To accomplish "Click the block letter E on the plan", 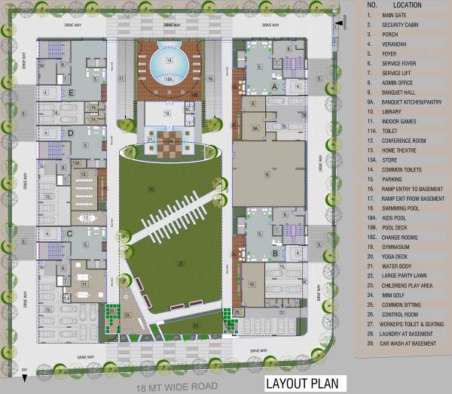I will tap(72, 93).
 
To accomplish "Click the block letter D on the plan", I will tap(70, 133).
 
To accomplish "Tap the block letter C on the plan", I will tap(70, 233).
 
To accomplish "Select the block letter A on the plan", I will tap(274, 86).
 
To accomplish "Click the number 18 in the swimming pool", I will tap(169, 59).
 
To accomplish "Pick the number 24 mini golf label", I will tap(195, 325).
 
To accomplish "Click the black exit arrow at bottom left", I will tap(25, 377).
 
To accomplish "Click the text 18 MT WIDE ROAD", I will tap(172, 388).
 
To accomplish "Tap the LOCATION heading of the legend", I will tap(406, 5).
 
